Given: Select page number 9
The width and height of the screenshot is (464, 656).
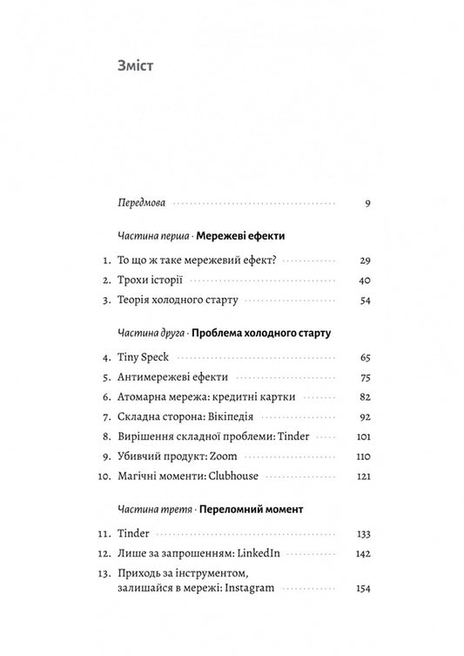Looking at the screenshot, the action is pos(368,204).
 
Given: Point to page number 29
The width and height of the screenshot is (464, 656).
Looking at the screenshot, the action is pos(365,260).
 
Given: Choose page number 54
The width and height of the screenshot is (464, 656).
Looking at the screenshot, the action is pos(365,301).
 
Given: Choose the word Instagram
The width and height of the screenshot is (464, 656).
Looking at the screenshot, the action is pos(246,588).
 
